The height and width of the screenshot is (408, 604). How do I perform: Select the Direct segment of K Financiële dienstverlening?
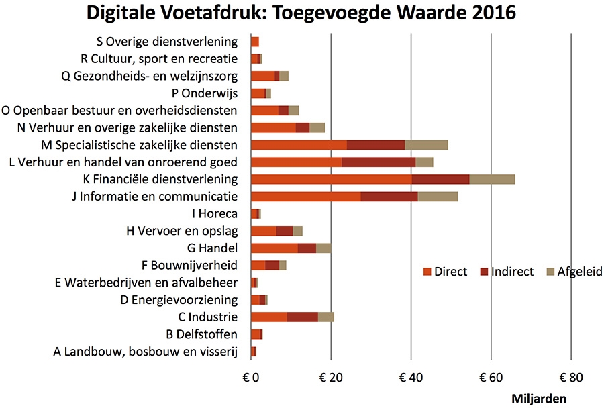331,179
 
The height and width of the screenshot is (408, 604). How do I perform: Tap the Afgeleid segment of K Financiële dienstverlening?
492,179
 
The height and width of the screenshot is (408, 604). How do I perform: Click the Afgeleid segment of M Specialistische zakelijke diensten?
426,144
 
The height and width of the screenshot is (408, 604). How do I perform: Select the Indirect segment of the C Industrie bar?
303,317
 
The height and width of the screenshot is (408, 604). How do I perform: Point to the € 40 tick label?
411,376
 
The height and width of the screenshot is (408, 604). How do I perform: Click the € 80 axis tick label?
570,376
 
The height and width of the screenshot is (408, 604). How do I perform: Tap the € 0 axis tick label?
251,376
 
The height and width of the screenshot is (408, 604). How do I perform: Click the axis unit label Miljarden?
538,398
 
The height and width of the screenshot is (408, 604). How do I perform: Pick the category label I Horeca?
214,214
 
